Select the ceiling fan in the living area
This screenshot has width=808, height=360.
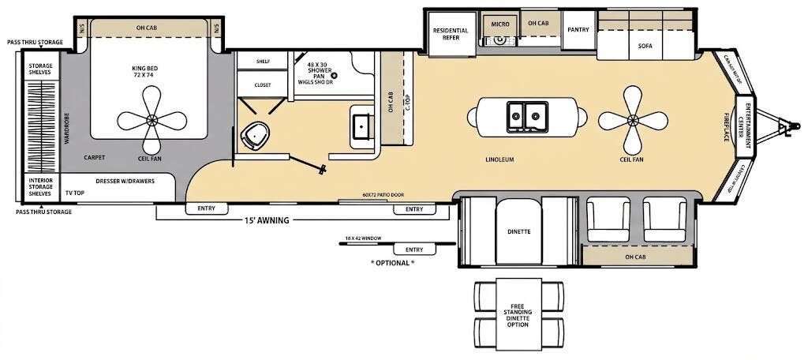[x=632, y=120]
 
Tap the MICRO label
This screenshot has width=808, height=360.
[x=500, y=24]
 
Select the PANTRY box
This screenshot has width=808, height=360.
[x=579, y=30]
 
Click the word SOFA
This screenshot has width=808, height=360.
[x=645, y=46]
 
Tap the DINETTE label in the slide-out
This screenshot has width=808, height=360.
[x=518, y=231]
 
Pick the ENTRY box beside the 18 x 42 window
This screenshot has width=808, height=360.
[x=413, y=249]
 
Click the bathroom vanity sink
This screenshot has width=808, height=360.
[x=363, y=126]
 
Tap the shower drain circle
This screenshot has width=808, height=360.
[x=333, y=75]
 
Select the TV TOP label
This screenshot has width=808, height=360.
[x=74, y=193]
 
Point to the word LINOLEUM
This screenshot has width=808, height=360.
[x=500, y=159]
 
